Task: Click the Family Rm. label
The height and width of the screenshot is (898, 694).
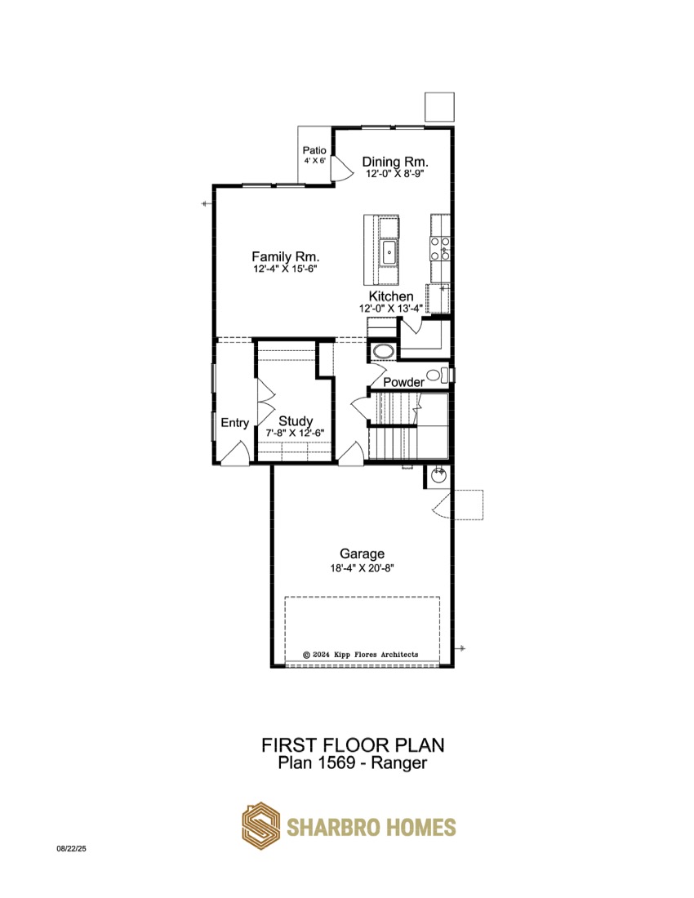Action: [285, 256]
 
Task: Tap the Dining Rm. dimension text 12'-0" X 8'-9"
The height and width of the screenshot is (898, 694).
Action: [395, 174]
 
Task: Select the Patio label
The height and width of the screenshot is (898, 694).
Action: [314, 151]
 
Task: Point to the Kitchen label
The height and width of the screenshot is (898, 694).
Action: [390, 296]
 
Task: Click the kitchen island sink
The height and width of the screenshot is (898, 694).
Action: [389, 252]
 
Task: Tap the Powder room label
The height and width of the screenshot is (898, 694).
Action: [403, 382]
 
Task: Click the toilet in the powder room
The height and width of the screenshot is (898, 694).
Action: [438, 376]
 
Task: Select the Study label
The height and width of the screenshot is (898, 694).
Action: [296, 421]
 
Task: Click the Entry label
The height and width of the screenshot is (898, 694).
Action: [235, 423]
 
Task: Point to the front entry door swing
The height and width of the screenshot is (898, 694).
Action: [235, 452]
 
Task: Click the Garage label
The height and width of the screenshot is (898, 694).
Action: [362, 553]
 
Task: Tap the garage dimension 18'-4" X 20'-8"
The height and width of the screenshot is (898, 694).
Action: [362, 568]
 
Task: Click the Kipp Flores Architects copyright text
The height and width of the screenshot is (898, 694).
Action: [360, 654]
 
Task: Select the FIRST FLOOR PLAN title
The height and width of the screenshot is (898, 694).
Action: [353, 745]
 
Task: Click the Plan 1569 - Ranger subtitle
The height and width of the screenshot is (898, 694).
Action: [353, 762]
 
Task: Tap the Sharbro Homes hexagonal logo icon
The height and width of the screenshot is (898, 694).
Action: [260, 826]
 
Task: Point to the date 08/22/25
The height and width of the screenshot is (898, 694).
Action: [71, 849]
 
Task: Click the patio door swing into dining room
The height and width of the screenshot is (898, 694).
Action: [342, 168]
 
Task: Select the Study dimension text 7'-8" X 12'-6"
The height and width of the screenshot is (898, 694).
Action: [295, 433]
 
